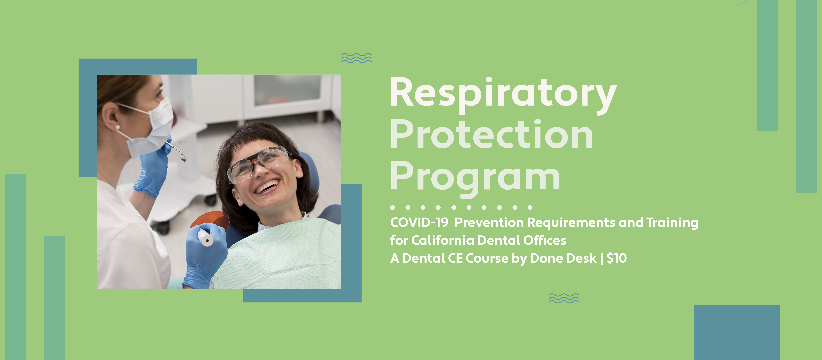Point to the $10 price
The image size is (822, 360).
[616, 258]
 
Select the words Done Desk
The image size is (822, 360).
[563, 258]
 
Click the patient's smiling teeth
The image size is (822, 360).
[267, 187]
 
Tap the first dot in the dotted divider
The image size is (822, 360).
[392, 207]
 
